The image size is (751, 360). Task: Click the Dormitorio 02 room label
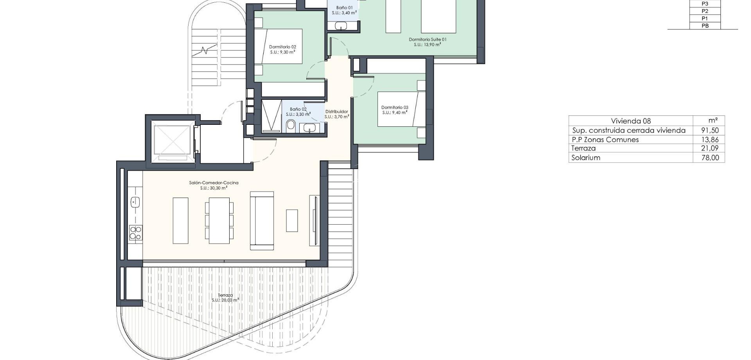(282, 49)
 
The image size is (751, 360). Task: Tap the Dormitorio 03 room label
(395, 110)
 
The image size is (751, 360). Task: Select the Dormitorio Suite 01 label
(428, 42)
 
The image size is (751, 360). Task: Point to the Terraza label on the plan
(225, 298)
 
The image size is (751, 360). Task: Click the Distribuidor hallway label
(336, 114)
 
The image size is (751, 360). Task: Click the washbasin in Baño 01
(341, 26)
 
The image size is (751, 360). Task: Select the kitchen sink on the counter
(135, 202)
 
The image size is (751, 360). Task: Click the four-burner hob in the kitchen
(136, 233)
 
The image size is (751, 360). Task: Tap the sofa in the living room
(262, 220)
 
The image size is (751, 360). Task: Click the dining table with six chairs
(219, 220)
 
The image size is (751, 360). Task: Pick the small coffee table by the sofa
(292, 221)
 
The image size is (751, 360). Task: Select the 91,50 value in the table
(710, 130)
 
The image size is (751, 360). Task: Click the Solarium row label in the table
(586, 158)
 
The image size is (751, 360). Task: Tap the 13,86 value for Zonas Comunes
(710, 140)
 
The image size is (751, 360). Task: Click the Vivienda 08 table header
(631, 121)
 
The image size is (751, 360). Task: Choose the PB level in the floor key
(705, 26)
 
